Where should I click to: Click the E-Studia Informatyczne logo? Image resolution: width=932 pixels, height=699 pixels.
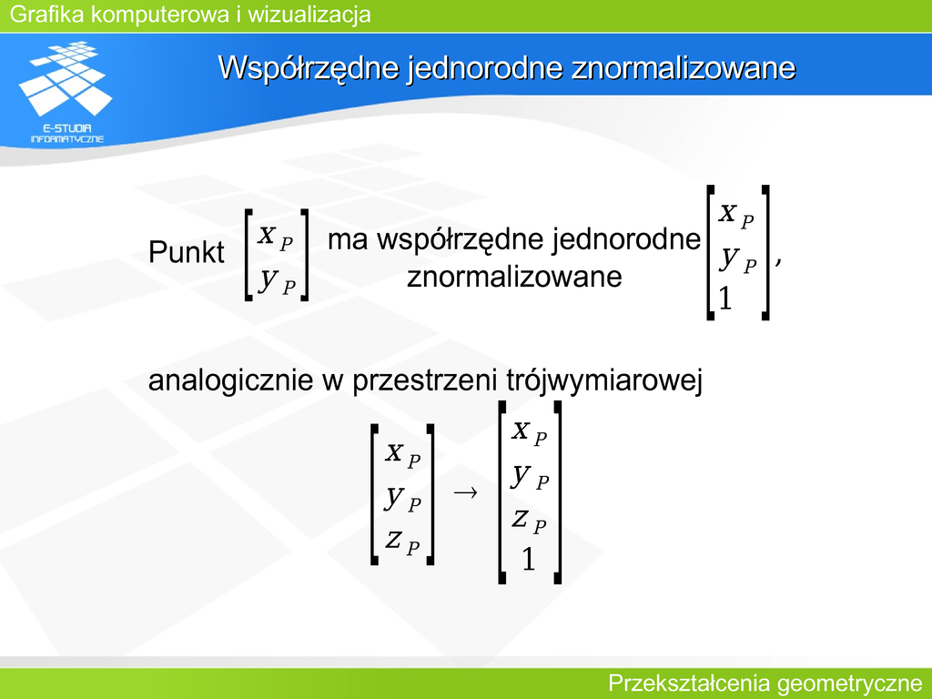[x=66, y=93]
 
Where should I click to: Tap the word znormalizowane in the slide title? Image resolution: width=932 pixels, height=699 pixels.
[x=683, y=67]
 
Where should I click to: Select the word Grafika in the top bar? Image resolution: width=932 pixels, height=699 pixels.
[x=47, y=14]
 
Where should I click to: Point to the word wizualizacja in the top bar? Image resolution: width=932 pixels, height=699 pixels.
[x=309, y=14]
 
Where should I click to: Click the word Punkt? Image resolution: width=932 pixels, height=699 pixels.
[x=186, y=252]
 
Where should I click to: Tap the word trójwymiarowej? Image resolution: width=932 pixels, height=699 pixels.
[x=604, y=380]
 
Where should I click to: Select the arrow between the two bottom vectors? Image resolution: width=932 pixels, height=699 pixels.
[x=465, y=492]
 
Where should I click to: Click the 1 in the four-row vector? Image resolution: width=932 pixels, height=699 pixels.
[x=529, y=560]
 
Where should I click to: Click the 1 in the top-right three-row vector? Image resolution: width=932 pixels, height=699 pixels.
[x=724, y=299]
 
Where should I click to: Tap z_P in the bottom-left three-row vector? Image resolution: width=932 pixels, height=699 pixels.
[x=403, y=541]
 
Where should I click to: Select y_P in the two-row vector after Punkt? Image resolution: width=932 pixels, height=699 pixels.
[x=278, y=280]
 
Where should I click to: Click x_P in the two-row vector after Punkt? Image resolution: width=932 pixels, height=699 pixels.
[x=276, y=238]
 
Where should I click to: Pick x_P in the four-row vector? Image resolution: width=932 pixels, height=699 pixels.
[x=529, y=431]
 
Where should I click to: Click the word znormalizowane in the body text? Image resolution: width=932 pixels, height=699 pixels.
[x=514, y=277]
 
